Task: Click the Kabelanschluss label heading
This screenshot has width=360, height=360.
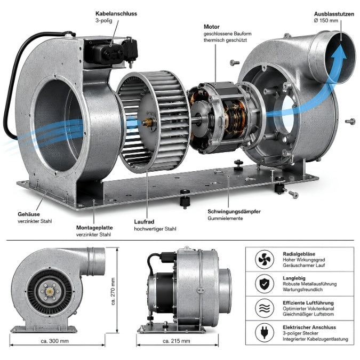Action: tap(116, 13)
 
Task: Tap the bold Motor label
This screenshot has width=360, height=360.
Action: tap(211, 27)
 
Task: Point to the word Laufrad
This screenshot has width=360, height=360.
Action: tap(144, 222)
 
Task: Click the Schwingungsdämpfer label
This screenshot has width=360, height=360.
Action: tap(234, 211)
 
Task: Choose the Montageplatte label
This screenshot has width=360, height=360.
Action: tap(94, 228)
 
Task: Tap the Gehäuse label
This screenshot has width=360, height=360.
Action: tap(29, 214)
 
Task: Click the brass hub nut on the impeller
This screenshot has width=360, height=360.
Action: tap(148, 123)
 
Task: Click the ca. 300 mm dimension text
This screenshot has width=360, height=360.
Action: tap(54, 341)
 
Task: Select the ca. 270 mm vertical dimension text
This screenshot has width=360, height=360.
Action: tap(113, 291)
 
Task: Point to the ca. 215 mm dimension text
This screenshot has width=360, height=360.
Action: tap(177, 341)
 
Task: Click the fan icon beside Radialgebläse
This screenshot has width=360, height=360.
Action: tap(264, 259)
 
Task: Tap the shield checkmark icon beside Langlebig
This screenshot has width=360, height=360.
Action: tap(264, 284)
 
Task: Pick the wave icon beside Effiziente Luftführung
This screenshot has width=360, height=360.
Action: tap(264, 308)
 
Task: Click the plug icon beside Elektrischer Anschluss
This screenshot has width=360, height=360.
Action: tap(264, 332)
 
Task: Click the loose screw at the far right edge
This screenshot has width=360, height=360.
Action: tap(350, 122)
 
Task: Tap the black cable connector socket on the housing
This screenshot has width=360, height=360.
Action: tap(110, 53)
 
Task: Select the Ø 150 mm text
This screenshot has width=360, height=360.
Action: tap(326, 20)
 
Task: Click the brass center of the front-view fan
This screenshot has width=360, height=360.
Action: tap(50, 292)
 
